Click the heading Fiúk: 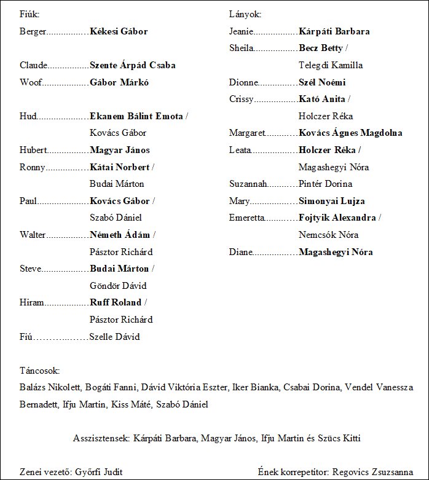[30, 14]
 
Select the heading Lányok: [245, 14]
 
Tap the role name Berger [33, 31]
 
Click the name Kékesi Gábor [119, 31]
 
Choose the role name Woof [30, 82]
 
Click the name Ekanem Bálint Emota [136, 116]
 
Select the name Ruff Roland [116, 302]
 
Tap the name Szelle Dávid [114, 337]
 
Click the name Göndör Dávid [118, 286]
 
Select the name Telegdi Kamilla [331, 65]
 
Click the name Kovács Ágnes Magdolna [350, 133]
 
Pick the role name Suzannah [248, 184]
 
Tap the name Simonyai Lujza [332, 201]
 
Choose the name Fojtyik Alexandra [337, 218]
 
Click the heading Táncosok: [39, 371]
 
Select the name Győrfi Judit [98, 472]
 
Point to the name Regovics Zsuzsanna [372, 472]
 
